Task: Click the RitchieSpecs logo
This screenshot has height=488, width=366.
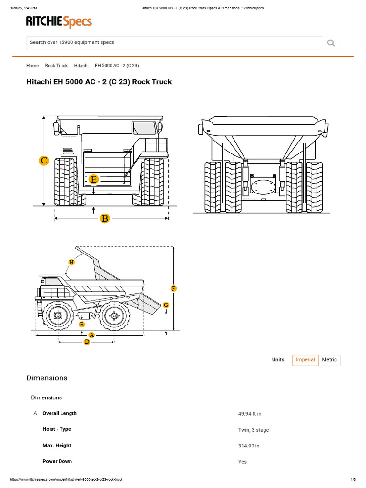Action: click(59, 22)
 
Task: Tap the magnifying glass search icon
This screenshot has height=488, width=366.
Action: click(331, 43)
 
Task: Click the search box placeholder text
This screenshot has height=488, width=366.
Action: click(72, 42)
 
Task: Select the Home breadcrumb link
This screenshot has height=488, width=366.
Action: click(32, 66)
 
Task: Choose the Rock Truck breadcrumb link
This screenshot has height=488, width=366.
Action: click(56, 66)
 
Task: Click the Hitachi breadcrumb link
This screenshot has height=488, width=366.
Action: click(81, 66)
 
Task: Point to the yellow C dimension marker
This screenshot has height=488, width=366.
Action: click(44, 161)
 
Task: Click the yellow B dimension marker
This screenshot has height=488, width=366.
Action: click(104, 218)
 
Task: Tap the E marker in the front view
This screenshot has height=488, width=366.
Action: click(94, 180)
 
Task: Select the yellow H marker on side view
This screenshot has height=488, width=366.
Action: click(71, 262)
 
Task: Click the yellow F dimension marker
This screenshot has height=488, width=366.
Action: click(173, 288)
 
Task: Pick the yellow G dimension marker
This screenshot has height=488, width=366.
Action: click(166, 305)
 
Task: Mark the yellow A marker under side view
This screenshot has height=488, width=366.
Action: click(91, 335)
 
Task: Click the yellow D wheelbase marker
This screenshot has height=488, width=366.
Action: click(87, 342)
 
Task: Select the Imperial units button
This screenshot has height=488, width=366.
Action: click(305, 360)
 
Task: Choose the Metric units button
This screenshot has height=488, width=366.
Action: click(329, 360)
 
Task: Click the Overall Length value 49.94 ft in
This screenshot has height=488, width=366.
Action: click(249, 414)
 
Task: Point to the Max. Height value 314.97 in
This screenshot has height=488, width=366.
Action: click(249, 446)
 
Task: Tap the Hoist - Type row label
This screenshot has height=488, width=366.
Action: click(57, 429)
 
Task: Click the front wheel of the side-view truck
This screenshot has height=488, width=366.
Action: click(58, 315)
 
